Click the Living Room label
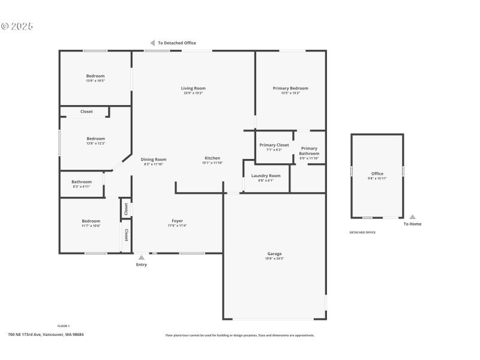(x=193, y=88)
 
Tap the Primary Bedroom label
(x=290, y=88)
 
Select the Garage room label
(x=274, y=254)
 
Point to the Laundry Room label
(x=266, y=176)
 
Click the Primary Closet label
(x=274, y=145)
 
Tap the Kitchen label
(x=212, y=158)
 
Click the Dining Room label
(x=154, y=160)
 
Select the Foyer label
(x=177, y=221)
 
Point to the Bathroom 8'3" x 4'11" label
(x=82, y=182)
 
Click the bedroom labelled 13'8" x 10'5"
(x=95, y=76)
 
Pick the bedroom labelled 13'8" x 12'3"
(x=95, y=139)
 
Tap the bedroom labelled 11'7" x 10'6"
(x=91, y=221)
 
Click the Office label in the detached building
(x=377, y=174)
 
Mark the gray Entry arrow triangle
(x=142, y=257)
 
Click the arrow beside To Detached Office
(x=152, y=43)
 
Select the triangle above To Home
(x=412, y=217)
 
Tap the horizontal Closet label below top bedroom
(x=86, y=112)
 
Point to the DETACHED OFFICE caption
(x=362, y=232)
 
